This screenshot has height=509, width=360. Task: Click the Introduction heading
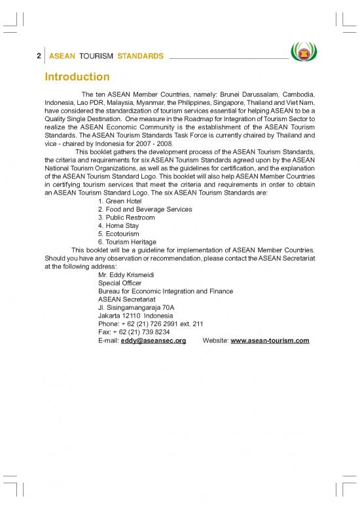[77, 77]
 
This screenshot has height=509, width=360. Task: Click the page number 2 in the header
[39, 56]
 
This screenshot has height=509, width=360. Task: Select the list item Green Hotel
[120, 201]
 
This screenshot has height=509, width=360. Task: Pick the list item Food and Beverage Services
[145, 210]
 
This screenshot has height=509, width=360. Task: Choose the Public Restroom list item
[126, 217]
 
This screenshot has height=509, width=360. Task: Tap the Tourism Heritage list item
[127, 242]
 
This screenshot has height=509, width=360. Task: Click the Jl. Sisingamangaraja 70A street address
[135, 308]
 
